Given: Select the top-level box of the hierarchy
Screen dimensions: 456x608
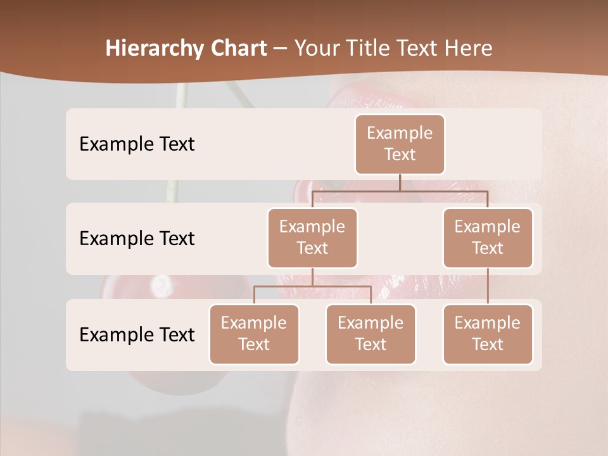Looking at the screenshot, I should (400, 144).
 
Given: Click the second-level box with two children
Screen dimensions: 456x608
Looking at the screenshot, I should (312, 238).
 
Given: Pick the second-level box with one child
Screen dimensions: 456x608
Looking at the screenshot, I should (488, 238).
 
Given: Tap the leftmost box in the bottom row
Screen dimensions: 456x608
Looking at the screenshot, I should (254, 334).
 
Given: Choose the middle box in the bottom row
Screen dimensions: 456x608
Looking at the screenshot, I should (370, 334).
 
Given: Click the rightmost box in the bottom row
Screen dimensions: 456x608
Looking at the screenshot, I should (488, 334).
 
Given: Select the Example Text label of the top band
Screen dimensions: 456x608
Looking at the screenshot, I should (137, 144).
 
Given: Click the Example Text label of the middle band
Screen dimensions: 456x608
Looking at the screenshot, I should (137, 239).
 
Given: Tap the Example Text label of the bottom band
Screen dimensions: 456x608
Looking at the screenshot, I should (137, 334).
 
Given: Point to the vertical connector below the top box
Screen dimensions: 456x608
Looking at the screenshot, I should (400, 182).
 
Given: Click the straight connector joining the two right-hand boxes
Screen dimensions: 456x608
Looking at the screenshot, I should (488, 286).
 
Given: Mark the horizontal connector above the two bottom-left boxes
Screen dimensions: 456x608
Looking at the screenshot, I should (312, 286).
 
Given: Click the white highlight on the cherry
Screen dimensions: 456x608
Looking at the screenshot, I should (160, 286).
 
